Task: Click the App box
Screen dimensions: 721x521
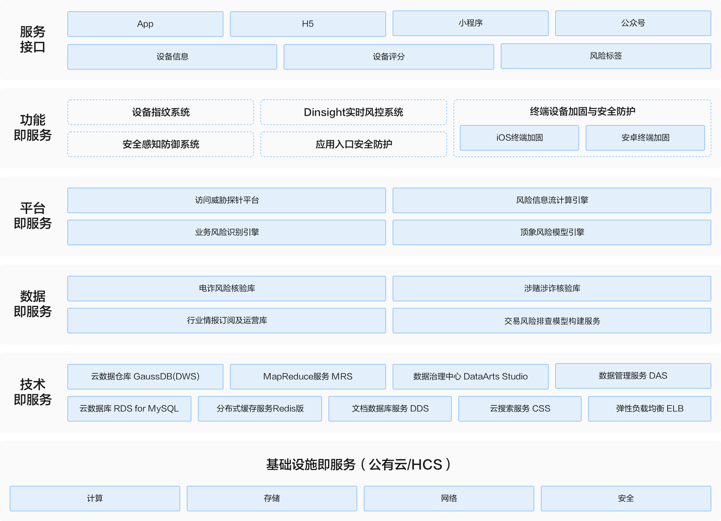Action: pos(145,24)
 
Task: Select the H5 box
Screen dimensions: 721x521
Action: pos(308,24)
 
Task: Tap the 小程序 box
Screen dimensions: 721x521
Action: pos(471,23)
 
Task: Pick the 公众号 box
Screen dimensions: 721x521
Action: pos(633,23)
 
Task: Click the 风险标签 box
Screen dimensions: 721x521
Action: pos(606,56)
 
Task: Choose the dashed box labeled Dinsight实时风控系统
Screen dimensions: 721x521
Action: pos(354,112)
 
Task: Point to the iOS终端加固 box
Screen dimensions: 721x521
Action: pos(520,138)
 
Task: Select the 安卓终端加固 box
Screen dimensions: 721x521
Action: pos(645,138)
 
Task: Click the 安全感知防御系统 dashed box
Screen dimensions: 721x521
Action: pos(161,144)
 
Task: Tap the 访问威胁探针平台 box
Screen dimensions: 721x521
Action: pos(227,200)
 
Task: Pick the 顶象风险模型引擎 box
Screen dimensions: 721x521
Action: pos(552,232)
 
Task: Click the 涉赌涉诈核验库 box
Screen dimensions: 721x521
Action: pos(552,289)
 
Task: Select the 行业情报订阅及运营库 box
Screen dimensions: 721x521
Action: pos(227,321)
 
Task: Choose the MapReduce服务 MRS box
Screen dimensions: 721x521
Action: pos(308,377)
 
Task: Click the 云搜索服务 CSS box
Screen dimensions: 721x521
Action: pos(520,409)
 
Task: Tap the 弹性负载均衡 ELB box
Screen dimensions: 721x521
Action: pos(650,409)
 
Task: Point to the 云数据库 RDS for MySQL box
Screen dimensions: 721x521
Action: pos(129,409)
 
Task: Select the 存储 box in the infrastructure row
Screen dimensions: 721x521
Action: pos(272,499)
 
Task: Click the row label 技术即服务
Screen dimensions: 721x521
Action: pos(33,392)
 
